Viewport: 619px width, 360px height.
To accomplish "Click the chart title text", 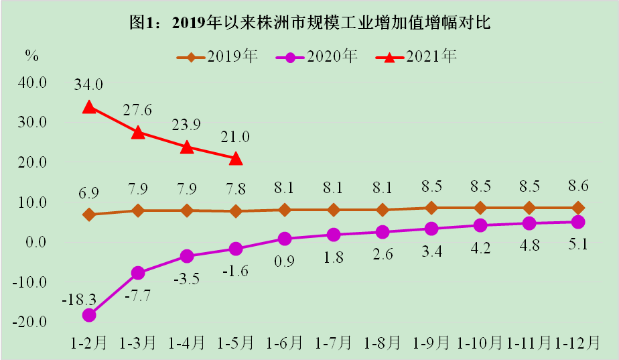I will point(310,23).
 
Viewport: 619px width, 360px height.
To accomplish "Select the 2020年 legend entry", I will point(318,56).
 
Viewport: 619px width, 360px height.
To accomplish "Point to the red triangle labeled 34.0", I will point(89,107).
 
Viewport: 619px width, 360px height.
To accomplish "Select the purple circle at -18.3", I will point(89,314).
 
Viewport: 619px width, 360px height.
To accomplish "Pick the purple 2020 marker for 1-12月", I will point(578,222).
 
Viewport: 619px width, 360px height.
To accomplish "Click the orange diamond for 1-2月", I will point(89,215).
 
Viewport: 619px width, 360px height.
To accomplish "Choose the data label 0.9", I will point(285,261).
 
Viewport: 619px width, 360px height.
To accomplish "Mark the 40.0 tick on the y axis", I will point(32,83).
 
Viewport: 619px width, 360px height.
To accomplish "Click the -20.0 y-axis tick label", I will point(30,322).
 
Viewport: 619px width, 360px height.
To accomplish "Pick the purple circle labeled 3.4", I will point(431,229).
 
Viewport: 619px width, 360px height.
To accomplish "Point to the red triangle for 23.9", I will point(187,147).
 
